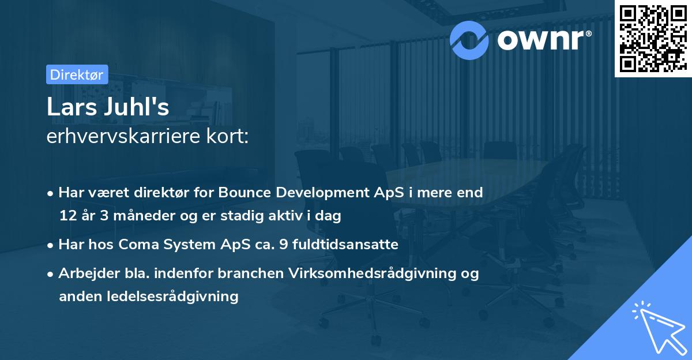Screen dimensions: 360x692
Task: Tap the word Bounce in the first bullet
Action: click(242, 193)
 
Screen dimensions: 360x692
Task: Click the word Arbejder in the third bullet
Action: click(84, 273)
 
